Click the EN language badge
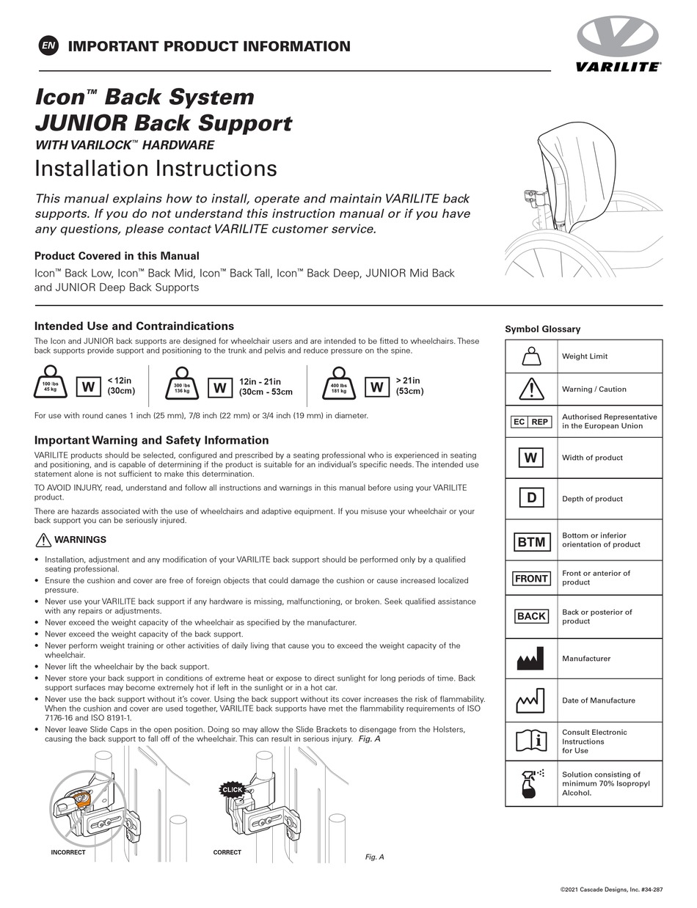tap(48, 46)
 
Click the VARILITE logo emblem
tap(617, 37)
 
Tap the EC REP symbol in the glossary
tap(530, 422)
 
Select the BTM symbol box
tap(531, 542)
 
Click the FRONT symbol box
tap(531, 579)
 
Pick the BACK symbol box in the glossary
tap(531, 616)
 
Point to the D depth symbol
tap(531, 499)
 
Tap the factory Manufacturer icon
tap(530, 659)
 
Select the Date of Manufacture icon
tap(530, 700)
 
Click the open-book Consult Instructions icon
tap(531, 741)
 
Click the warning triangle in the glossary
tap(531, 389)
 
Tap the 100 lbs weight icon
tap(50, 384)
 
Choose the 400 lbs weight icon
tap(339, 384)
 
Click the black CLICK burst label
tap(232, 789)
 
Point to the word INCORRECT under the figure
tap(68, 852)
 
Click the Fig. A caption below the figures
tap(374, 857)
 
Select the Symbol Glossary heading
tap(542, 329)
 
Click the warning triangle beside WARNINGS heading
tap(43, 541)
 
